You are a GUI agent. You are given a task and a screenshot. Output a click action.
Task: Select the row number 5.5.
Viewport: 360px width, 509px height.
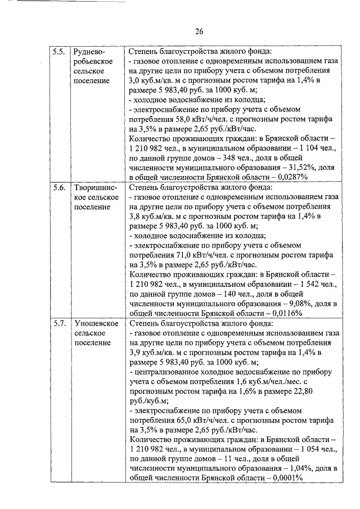58,51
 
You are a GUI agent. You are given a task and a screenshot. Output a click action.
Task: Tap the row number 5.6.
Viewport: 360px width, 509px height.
58,187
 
